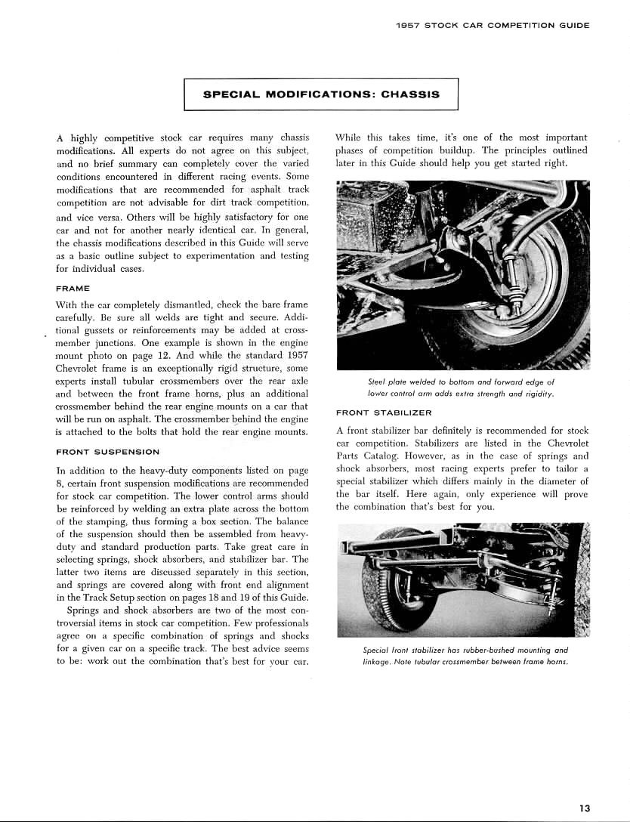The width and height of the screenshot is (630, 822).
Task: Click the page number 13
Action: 584,808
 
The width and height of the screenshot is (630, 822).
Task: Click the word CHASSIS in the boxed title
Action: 410,95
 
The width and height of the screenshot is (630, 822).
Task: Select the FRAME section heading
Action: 73,289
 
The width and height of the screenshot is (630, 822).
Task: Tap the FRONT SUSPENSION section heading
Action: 107,452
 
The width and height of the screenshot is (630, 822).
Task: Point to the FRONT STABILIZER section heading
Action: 384,413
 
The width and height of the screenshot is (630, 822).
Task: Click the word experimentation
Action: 217,256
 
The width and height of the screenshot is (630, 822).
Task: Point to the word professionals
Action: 264,623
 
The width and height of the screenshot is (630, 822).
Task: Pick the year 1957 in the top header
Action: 408,25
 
